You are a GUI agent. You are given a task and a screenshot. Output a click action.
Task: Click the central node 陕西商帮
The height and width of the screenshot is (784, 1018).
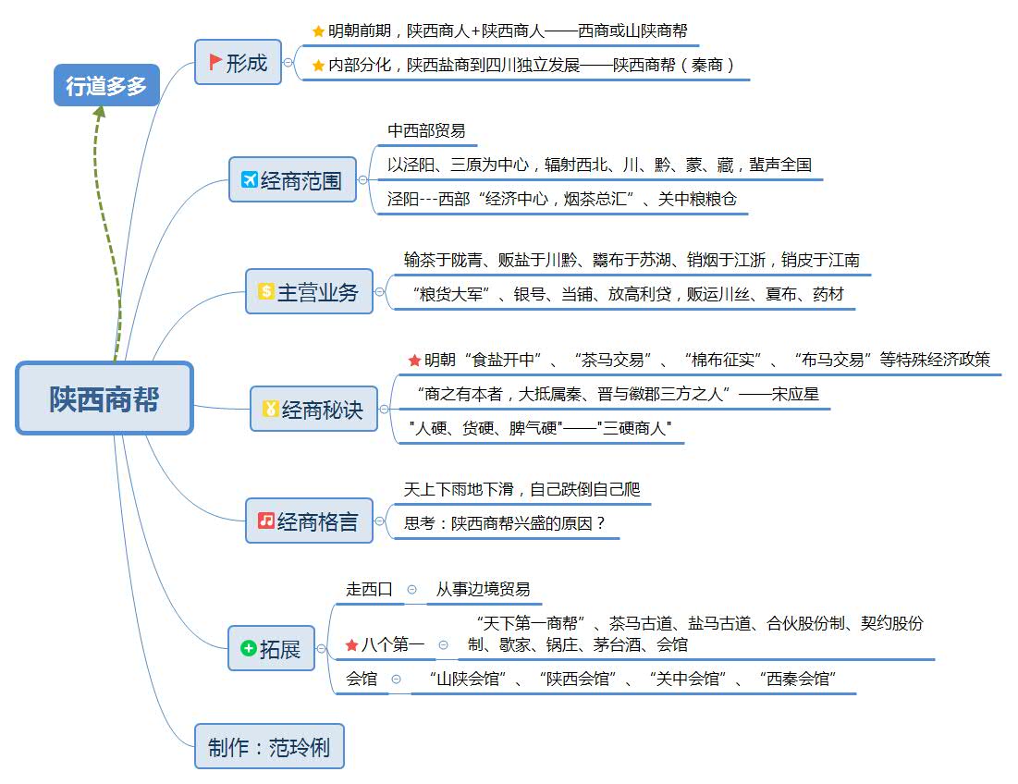(x=104, y=398)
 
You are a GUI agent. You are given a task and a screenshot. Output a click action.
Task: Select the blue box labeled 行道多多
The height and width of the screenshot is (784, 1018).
(x=106, y=85)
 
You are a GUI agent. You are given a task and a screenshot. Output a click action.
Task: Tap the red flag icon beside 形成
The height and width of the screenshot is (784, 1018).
(x=215, y=62)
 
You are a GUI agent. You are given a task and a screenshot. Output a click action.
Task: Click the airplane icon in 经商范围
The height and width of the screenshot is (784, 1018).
(x=250, y=179)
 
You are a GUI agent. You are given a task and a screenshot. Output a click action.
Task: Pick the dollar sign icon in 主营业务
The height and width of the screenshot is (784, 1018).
(x=266, y=291)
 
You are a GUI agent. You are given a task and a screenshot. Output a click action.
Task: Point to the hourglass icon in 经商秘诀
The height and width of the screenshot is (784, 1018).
(x=271, y=409)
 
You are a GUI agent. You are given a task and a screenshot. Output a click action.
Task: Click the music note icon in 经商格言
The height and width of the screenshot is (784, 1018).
(x=266, y=521)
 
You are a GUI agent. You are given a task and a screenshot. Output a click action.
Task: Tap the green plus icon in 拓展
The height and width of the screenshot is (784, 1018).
(x=248, y=648)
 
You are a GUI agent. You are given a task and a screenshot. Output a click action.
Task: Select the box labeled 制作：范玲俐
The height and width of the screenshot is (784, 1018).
(x=269, y=746)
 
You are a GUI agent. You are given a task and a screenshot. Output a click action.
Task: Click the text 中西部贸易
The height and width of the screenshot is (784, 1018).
(x=426, y=131)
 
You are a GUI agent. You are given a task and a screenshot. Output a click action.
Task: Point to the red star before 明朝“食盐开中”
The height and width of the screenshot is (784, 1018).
(x=414, y=360)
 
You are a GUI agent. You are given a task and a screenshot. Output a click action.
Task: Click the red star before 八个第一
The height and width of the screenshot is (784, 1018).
(x=351, y=644)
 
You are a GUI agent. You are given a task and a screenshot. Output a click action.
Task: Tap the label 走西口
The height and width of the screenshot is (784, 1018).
(x=369, y=589)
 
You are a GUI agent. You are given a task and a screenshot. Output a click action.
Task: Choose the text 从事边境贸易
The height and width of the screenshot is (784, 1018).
(x=483, y=589)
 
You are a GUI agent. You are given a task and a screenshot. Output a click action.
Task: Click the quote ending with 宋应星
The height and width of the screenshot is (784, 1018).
(x=617, y=395)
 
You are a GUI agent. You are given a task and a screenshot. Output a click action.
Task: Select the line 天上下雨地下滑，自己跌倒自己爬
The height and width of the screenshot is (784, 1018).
(x=521, y=489)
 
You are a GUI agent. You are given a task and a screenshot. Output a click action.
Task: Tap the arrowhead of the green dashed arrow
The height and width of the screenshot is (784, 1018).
(x=100, y=112)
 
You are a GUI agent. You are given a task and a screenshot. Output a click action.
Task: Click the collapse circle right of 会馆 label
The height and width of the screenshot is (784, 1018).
(x=397, y=679)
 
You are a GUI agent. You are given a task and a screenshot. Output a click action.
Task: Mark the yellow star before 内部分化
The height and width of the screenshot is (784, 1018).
(x=319, y=66)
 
